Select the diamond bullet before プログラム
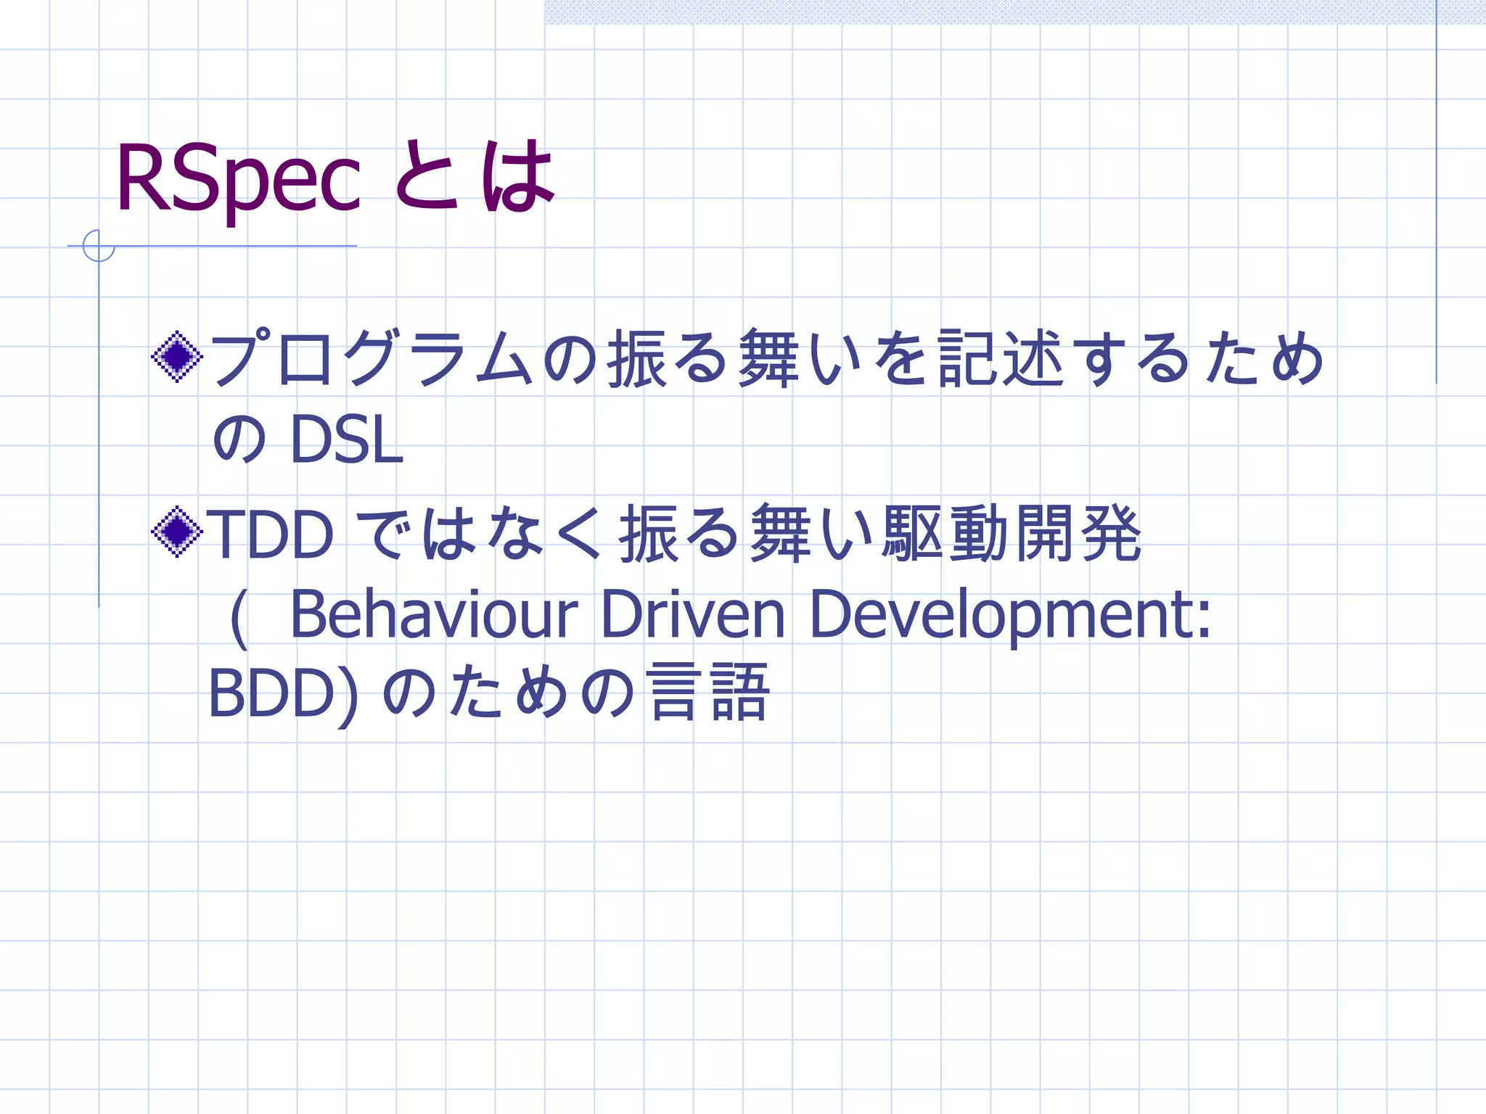pos(177,356)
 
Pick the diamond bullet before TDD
pos(177,532)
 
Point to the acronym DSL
pos(346,440)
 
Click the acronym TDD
pos(271,535)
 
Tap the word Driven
pos(693,614)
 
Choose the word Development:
pos(1009,616)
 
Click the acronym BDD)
pos(283,693)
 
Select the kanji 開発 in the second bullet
pos(1078,534)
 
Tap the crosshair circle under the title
pos(99,246)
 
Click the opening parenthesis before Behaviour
pos(238,617)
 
